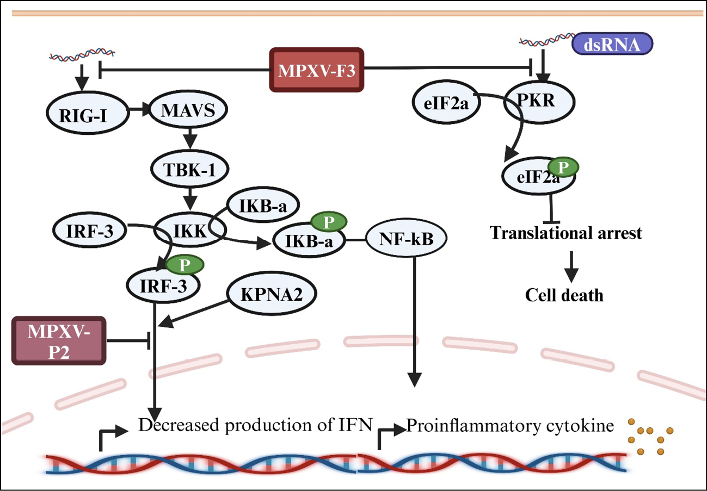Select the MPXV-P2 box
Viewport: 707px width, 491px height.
tap(58, 340)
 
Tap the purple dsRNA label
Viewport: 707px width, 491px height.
tap(612, 44)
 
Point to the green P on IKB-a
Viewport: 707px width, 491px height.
tap(325, 222)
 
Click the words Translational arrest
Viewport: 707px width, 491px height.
tap(567, 233)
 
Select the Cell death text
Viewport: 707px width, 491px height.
tap(564, 295)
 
